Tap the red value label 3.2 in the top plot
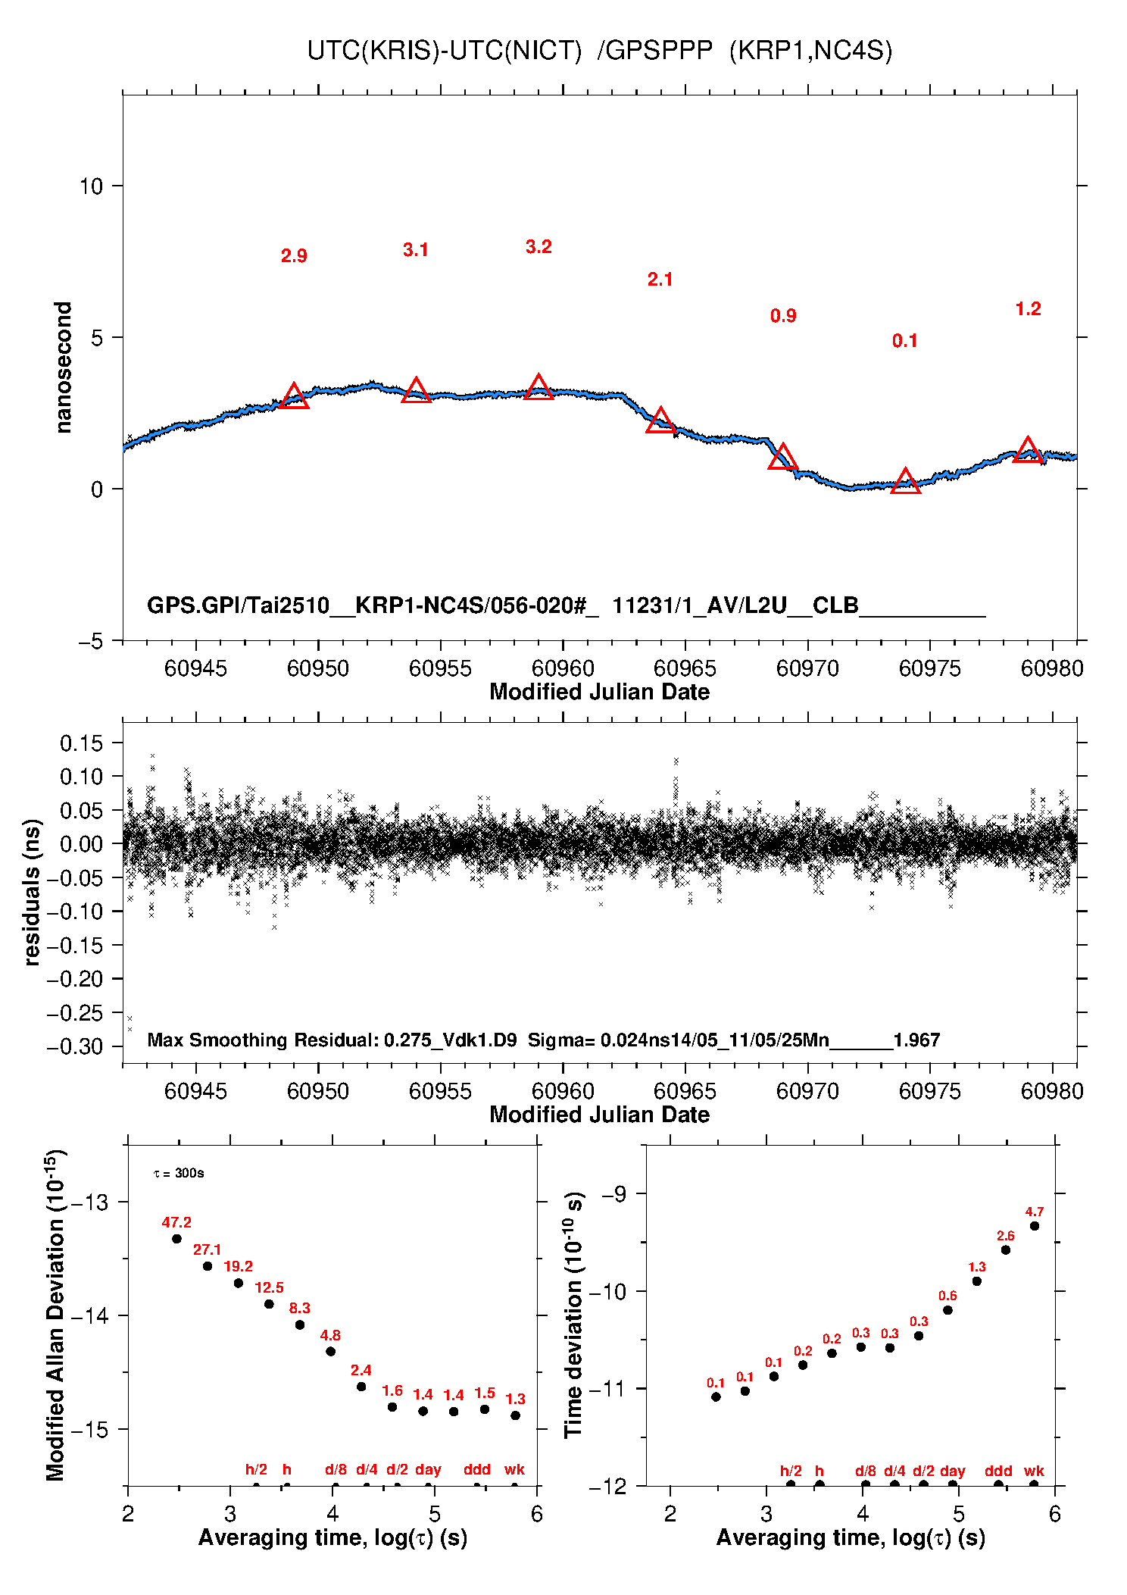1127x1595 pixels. tap(539, 247)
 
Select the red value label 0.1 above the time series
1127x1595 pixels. tap(904, 341)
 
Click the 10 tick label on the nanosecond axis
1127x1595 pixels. tap(92, 186)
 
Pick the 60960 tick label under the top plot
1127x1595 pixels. tap(563, 668)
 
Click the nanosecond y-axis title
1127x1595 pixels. tap(63, 367)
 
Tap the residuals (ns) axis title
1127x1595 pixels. tap(32, 893)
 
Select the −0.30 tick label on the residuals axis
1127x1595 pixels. tap(74, 1046)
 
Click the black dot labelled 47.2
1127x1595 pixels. tap(176, 1239)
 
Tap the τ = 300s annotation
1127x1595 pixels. tap(179, 1174)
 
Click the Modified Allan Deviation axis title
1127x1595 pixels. tap(55, 1315)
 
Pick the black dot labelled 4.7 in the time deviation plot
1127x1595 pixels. tap(1035, 1226)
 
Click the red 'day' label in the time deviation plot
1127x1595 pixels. tap(952, 1471)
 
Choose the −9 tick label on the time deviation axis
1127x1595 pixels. tap(614, 1194)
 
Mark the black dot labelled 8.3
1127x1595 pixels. tap(300, 1324)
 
